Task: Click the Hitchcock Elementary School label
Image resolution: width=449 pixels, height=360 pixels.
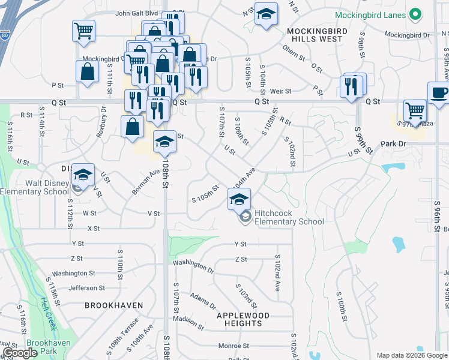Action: [289, 217]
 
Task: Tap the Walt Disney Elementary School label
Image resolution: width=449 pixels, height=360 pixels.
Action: [34, 187]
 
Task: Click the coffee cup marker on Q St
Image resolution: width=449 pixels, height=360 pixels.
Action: [438, 92]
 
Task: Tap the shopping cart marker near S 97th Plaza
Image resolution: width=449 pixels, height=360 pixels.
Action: [415, 110]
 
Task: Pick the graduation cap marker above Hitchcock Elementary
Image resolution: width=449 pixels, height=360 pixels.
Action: [239, 199]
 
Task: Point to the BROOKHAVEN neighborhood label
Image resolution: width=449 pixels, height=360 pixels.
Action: [114, 305]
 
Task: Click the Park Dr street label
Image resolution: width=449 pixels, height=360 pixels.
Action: [394, 144]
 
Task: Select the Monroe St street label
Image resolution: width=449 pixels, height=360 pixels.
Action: [234, 346]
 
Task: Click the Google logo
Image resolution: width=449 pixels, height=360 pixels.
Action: [19, 353]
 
